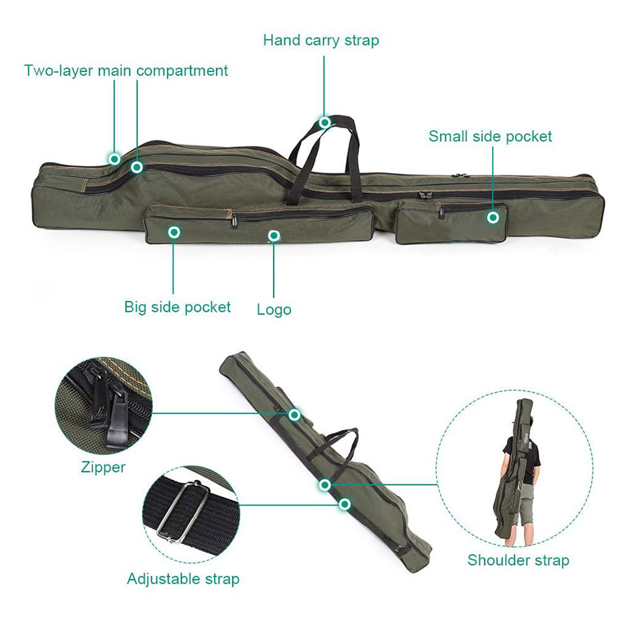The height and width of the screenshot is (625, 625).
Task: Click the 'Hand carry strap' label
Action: [x=321, y=40]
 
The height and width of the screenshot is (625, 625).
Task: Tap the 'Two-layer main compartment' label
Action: [x=126, y=70]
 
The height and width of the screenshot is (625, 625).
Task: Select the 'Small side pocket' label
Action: [x=490, y=136]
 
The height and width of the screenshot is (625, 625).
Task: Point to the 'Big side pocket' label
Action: [x=177, y=307]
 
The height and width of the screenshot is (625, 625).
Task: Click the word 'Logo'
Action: [x=274, y=309]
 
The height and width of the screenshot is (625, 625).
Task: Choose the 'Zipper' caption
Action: [x=103, y=467]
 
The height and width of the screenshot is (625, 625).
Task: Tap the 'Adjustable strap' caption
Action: [x=183, y=578]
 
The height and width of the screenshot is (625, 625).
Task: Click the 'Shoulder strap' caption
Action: [x=518, y=560]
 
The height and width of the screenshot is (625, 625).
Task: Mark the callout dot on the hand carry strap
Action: [x=324, y=122]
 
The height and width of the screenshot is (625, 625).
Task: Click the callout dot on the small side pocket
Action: [x=493, y=217]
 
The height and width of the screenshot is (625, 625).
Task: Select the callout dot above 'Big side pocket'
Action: [x=173, y=232]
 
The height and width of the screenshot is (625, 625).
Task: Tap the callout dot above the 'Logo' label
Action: [x=274, y=236]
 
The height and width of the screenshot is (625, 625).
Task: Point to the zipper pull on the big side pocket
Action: [x=234, y=219]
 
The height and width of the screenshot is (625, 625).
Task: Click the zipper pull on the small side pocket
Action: [x=441, y=212]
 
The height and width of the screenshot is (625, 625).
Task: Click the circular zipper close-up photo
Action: [x=104, y=406]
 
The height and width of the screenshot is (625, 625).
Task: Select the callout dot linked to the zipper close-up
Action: [x=294, y=415]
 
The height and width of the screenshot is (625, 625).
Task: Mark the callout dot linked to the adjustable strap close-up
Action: [x=345, y=504]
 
